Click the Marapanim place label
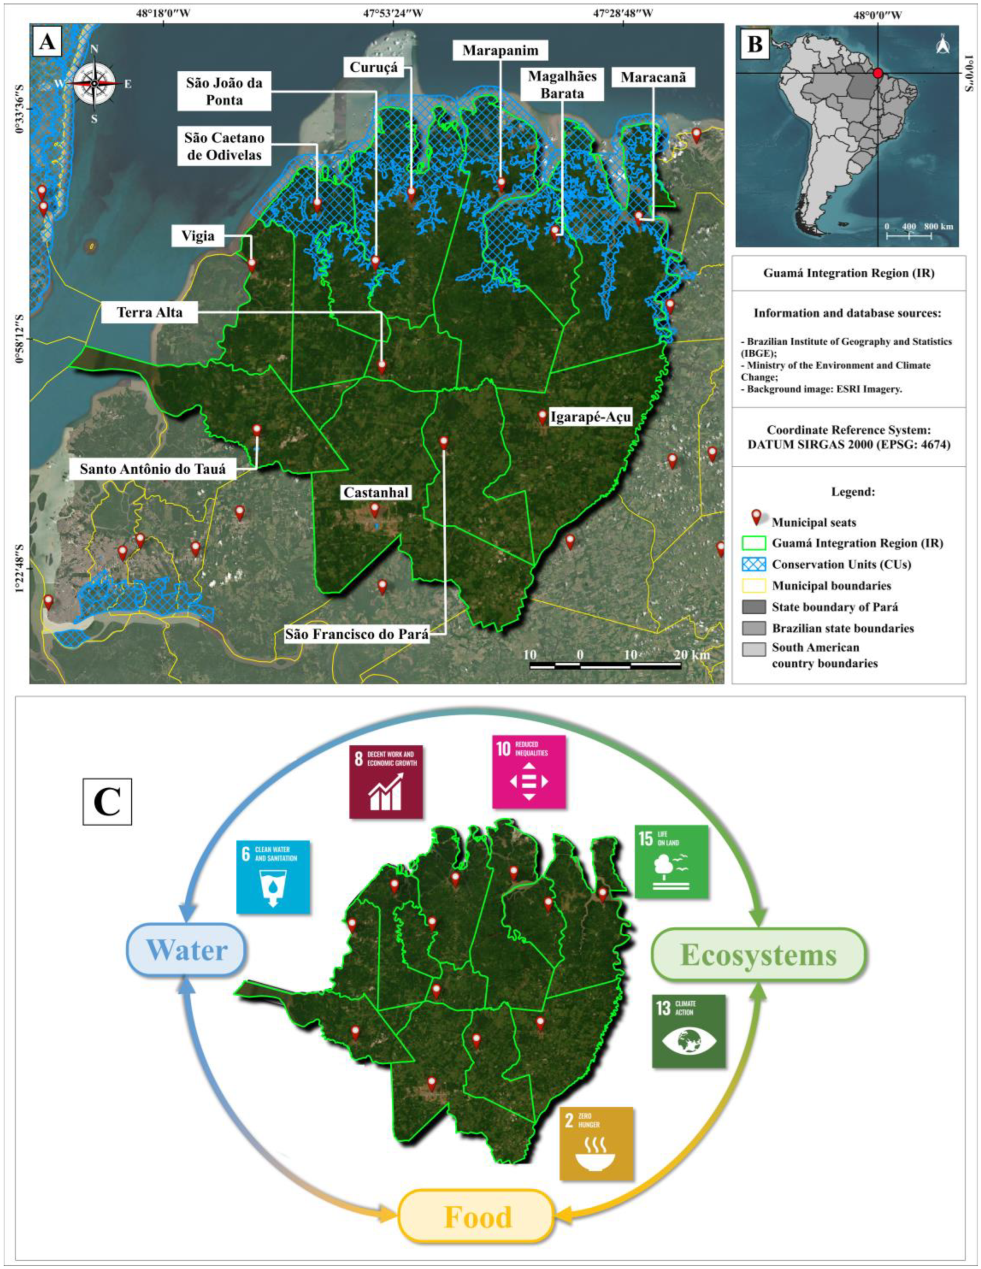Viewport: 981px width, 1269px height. coord(500,51)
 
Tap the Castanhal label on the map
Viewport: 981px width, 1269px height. coord(376,493)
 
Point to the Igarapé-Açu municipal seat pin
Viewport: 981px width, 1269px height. coord(542,417)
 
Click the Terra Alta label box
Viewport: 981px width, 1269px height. coord(149,313)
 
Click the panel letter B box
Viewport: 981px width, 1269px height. coord(754,44)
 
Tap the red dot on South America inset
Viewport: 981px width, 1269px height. coord(878,73)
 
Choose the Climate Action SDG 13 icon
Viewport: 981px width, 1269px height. coord(688,1030)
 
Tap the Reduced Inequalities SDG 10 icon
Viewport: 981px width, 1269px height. coord(528,771)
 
